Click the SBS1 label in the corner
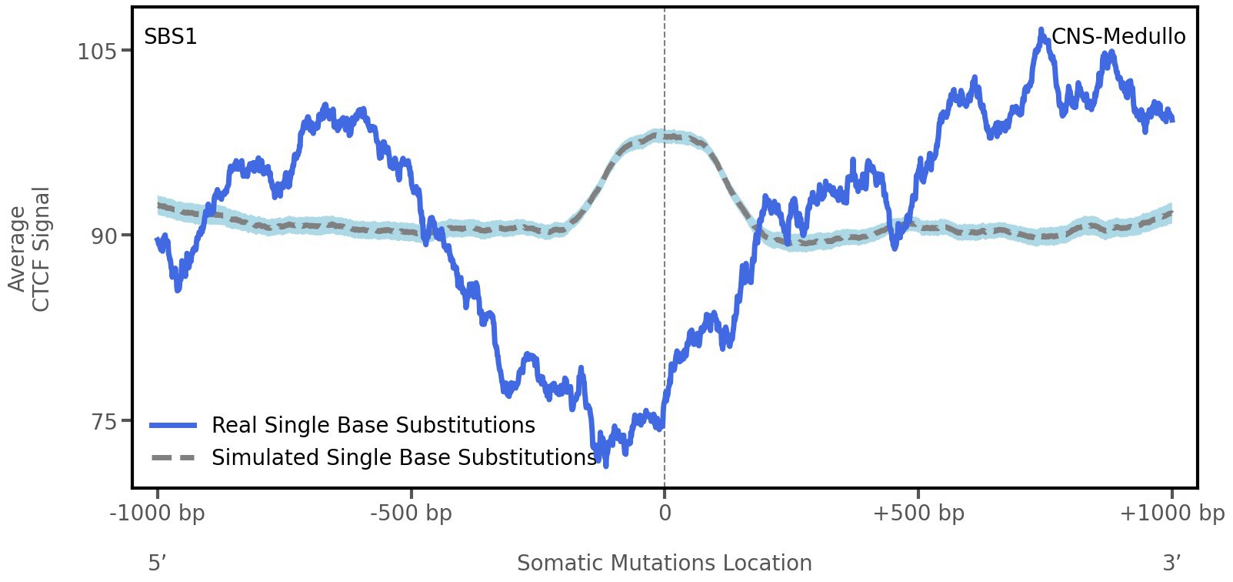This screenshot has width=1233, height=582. [x=171, y=36]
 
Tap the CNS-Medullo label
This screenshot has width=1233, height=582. [x=1118, y=36]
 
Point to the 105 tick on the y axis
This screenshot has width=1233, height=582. [x=97, y=52]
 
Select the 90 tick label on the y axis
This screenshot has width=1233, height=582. [x=104, y=236]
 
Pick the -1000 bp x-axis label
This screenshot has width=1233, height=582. [x=158, y=513]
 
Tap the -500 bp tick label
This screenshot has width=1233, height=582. [x=411, y=513]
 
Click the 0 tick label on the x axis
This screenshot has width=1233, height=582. [x=665, y=513]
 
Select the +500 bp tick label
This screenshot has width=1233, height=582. [x=918, y=513]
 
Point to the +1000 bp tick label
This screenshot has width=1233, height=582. [x=1171, y=513]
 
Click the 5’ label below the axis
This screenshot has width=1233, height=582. [x=158, y=563]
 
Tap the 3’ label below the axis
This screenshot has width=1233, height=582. [x=1171, y=563]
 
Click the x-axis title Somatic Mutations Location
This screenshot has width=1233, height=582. [x=665, y=563]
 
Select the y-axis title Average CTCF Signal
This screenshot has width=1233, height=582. [x=29, y=249]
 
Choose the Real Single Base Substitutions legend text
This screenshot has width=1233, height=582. [x=373, y=425]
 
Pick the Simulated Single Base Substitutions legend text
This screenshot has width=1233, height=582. [x=404, y=457]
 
